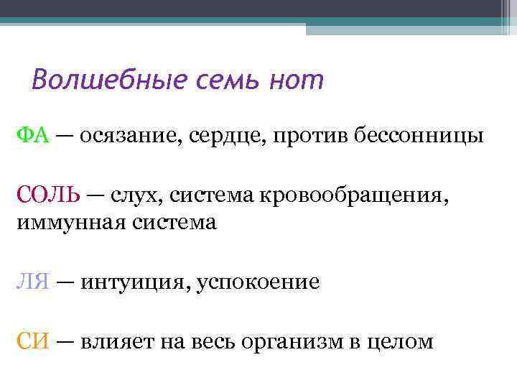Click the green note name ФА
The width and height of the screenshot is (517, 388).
[x=32, y=136]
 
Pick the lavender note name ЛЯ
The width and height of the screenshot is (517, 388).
[x=32, y=282]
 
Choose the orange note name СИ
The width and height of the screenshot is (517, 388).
[x=32, y=341]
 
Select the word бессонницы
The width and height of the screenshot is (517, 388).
[x=419, y=136]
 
